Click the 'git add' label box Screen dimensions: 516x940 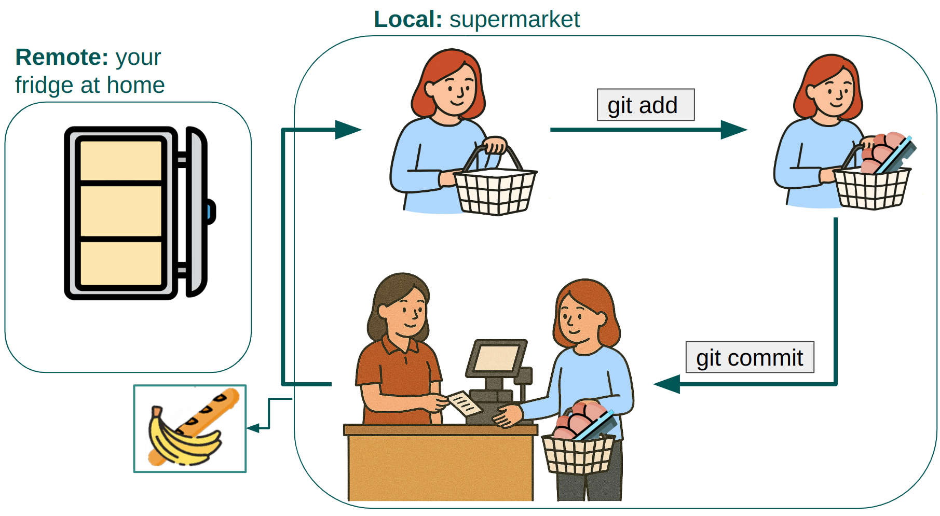coord(645,105)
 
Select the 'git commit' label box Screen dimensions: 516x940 coord(749,357)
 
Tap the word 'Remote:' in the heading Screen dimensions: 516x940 coord(62,57)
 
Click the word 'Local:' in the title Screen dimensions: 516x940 coord(407,20)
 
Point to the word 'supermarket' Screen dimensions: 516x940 coord(514,20)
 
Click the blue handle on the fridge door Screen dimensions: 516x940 coord(210,212)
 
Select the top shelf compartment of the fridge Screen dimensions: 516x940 coord(121,161)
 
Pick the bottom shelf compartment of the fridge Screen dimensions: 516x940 coord(121,263)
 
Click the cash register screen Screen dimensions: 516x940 coord(496,358)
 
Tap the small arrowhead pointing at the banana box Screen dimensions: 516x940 coord(253,428)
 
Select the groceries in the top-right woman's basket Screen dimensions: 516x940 coord(882,153)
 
